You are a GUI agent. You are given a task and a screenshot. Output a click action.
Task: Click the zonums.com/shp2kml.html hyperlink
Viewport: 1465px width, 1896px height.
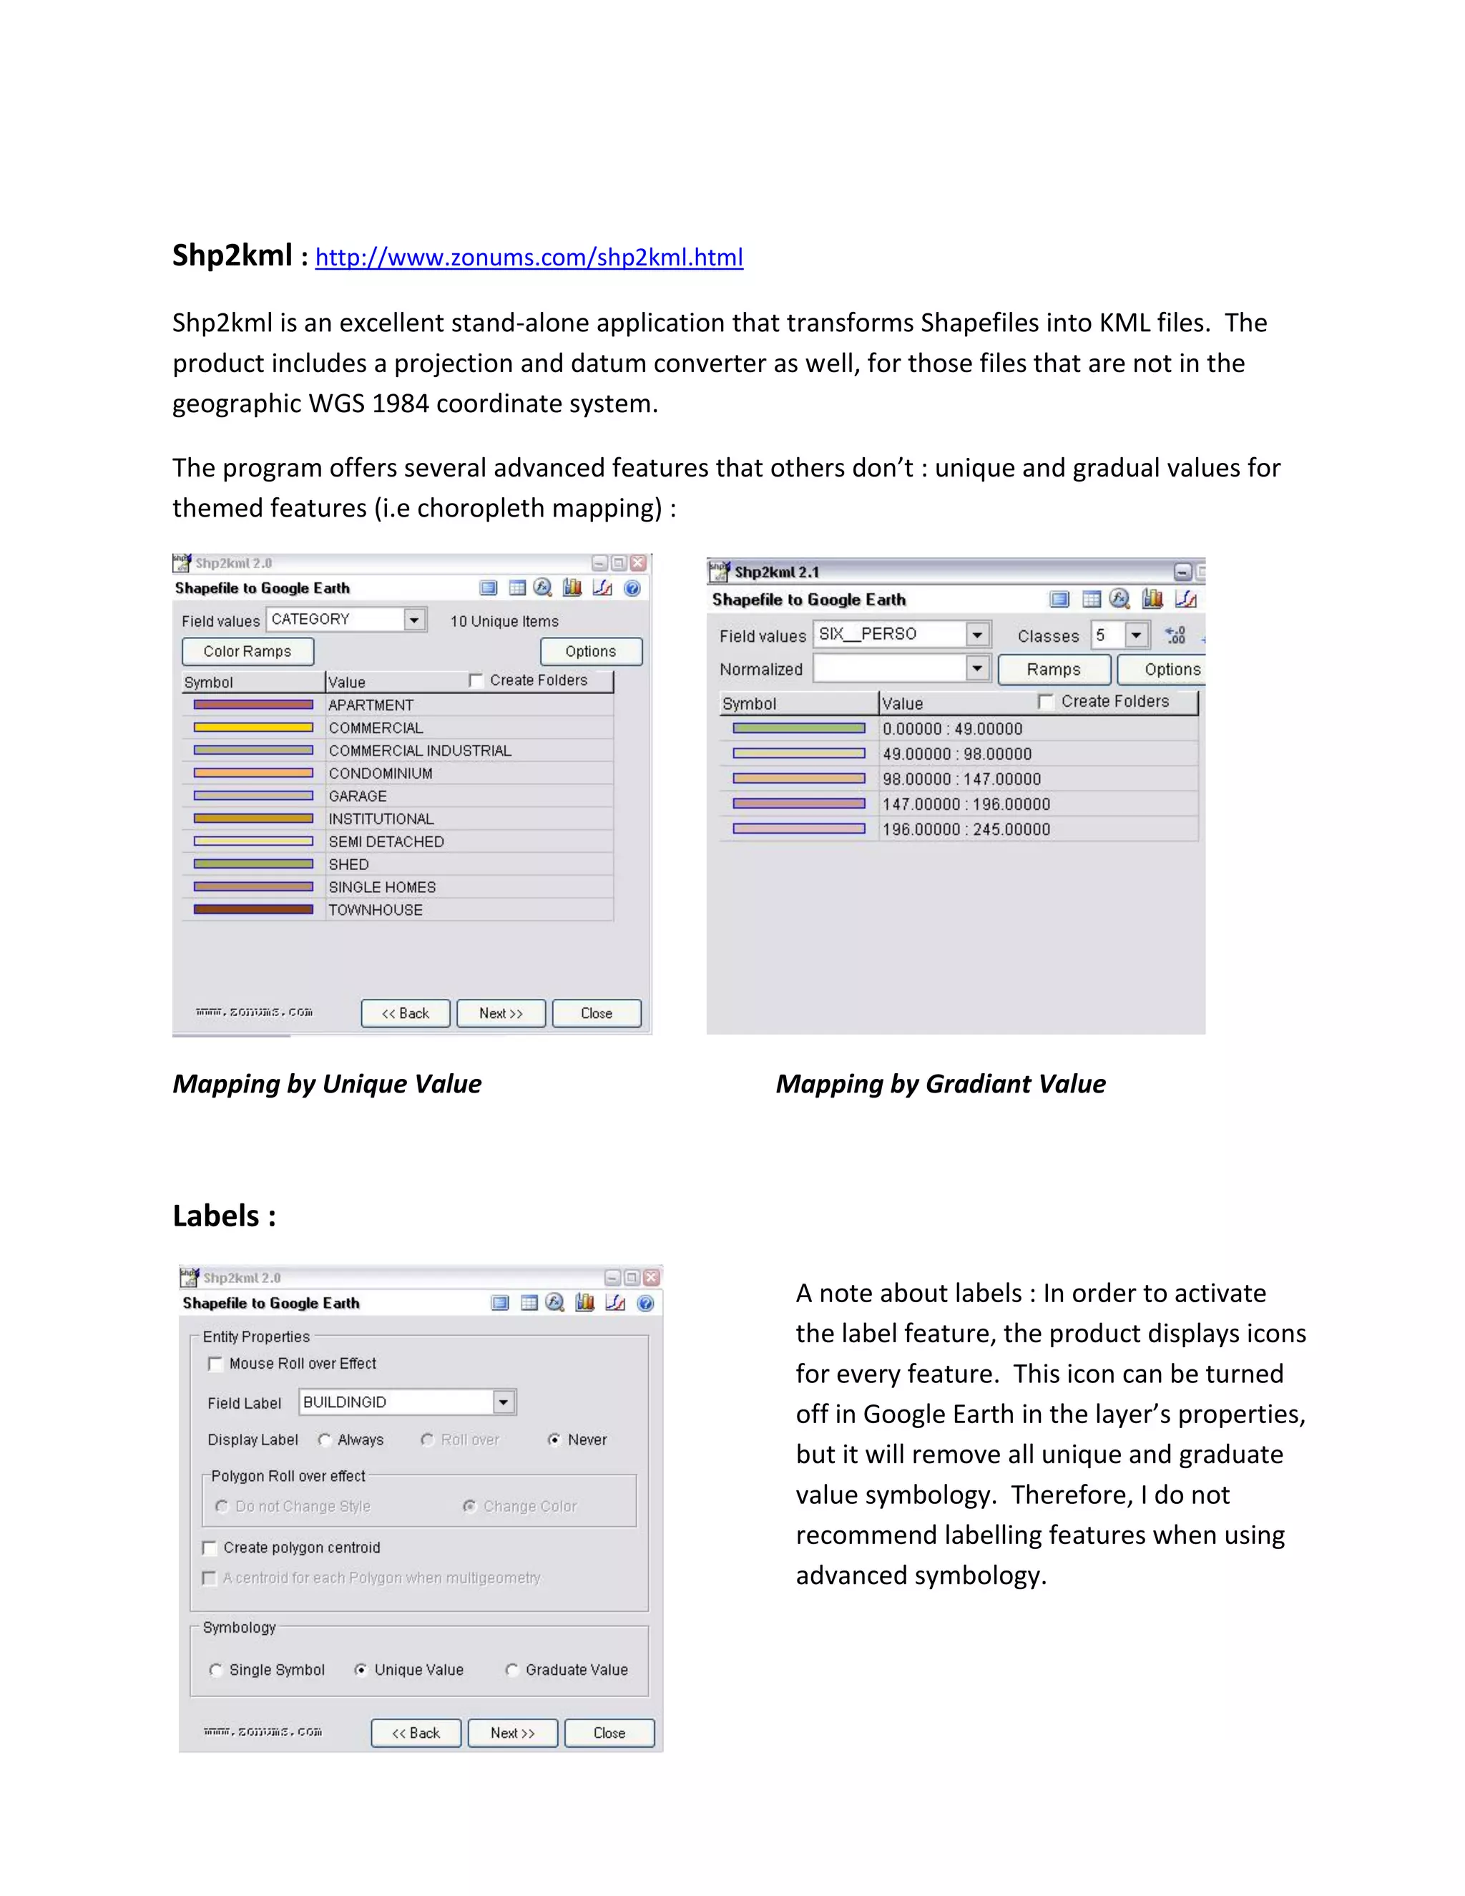point(529,257)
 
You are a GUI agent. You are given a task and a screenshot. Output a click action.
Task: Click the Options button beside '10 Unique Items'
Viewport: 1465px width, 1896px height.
point(590,651)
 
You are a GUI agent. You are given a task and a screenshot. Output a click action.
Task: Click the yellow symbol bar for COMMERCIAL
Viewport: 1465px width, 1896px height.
point(253,728)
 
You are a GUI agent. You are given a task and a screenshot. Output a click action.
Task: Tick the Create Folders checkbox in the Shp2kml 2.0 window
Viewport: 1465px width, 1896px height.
point(476,680)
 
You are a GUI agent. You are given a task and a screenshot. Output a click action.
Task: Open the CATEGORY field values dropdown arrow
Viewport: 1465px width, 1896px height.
point(415,620)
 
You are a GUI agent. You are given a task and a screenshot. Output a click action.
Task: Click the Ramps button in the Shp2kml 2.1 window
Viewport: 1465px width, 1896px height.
point(1054,670)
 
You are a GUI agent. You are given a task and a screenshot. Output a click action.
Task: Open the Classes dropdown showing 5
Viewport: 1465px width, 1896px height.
point(1135,635)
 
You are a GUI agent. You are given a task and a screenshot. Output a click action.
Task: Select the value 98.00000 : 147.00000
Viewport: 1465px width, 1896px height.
point(961,778)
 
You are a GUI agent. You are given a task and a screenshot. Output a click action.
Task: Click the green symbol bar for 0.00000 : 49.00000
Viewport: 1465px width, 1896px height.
point(798,728)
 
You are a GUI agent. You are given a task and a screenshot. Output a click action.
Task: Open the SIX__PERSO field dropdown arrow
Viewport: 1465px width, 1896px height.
point(977,635)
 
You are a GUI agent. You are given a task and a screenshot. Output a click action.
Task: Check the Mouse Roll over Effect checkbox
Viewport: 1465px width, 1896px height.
point(215,1364)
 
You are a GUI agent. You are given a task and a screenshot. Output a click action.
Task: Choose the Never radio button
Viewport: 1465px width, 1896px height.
point(554,1440)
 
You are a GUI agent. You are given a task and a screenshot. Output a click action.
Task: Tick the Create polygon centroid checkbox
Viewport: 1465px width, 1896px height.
point(209,1548)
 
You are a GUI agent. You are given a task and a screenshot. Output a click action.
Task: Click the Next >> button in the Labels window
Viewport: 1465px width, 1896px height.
point(512,1733)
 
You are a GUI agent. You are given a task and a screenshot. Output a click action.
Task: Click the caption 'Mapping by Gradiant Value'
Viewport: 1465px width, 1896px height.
point(940,1083)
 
